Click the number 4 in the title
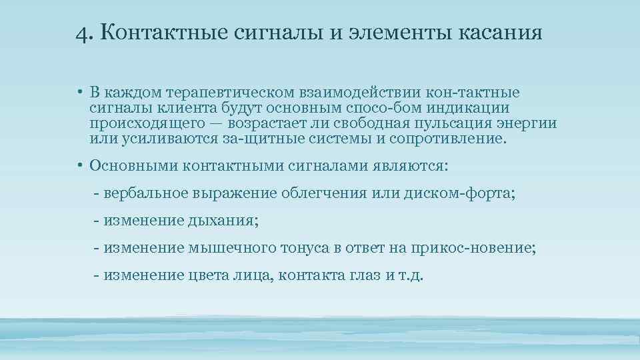coord(81,31)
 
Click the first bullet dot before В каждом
coord(79,91)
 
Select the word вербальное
coord(145,193)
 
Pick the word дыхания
coord(223,221)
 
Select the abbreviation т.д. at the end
coord(410,275)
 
